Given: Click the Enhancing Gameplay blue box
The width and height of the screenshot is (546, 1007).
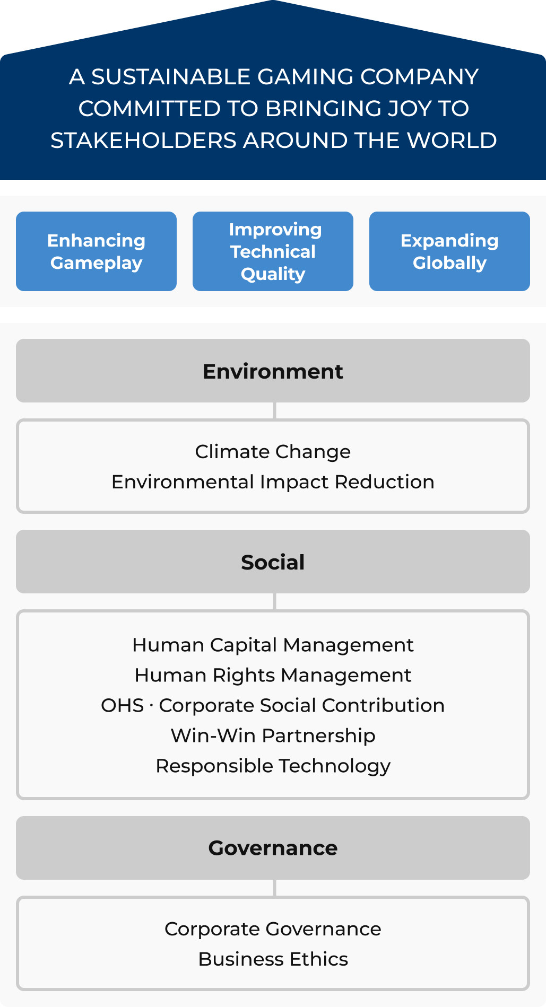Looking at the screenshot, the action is [x=96, y=251].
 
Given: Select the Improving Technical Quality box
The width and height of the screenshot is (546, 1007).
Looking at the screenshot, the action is [x=273, y=251].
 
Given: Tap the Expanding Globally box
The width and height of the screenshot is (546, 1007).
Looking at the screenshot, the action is [x=449, y=251].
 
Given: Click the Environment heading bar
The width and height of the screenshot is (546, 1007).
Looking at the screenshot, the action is [x=273, y=371].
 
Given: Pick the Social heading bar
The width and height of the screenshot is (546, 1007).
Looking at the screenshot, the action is [x=273, y=562].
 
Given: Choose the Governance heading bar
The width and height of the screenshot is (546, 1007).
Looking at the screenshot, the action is [x=273, y=848].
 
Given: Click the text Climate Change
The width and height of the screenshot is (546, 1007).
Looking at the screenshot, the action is [x=273, y=452].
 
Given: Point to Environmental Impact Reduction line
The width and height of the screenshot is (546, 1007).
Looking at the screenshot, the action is [x=273, y=482].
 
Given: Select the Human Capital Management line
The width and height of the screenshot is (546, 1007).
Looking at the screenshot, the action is [x=273, y=645].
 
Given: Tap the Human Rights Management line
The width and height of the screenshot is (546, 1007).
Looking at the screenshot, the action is [x=273, y=676].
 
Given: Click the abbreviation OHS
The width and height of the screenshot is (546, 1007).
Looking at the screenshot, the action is [x=123, y=705].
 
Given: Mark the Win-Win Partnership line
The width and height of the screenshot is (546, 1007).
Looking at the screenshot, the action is [x=273, y=736].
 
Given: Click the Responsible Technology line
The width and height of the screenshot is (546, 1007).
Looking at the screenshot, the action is [x=273, y=766].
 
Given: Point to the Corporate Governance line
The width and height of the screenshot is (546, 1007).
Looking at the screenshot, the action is [x=273, y=929].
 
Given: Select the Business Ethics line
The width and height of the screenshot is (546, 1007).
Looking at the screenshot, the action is [x=273, y=959].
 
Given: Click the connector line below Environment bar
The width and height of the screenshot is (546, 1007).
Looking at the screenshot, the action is [x=274, y=411].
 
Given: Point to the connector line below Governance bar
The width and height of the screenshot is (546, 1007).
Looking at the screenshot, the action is [x=274, y=888].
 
